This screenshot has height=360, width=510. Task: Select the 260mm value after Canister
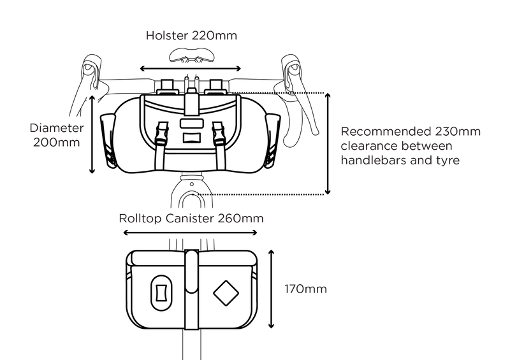[240, 218]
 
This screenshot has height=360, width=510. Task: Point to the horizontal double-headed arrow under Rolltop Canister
[191, 233]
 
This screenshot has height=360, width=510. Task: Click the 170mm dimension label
[305, 290]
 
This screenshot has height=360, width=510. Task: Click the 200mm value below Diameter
[56, 143]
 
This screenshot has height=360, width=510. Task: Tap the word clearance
[368, 147]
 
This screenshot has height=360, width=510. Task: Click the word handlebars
[373, 162]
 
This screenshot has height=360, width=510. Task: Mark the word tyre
[446, 162]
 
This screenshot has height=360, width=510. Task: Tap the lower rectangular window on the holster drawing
[191, 137]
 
